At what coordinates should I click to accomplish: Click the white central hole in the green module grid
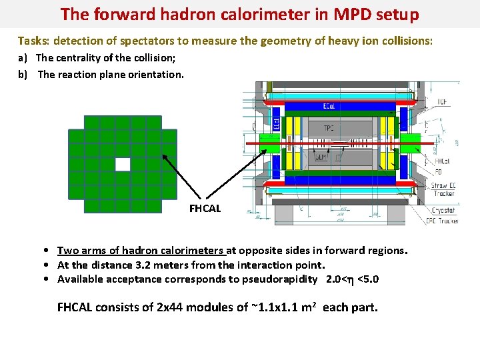pyautogui.click(x=123, y=164)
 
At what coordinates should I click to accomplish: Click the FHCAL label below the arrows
pyautogui.click(x=205, y=208)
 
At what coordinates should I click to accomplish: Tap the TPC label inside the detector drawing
pyautogui.click(x=329, y=128)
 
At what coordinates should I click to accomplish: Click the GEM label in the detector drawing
pyautogui.click(x=320, y=157)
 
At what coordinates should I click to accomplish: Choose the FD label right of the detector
pyautogui.click(x=438, y=171)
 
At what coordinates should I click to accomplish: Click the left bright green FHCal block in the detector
pyautogui.click(x=269, y=143)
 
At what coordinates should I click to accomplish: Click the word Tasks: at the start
pyautogui.click(x=33, y=41)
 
